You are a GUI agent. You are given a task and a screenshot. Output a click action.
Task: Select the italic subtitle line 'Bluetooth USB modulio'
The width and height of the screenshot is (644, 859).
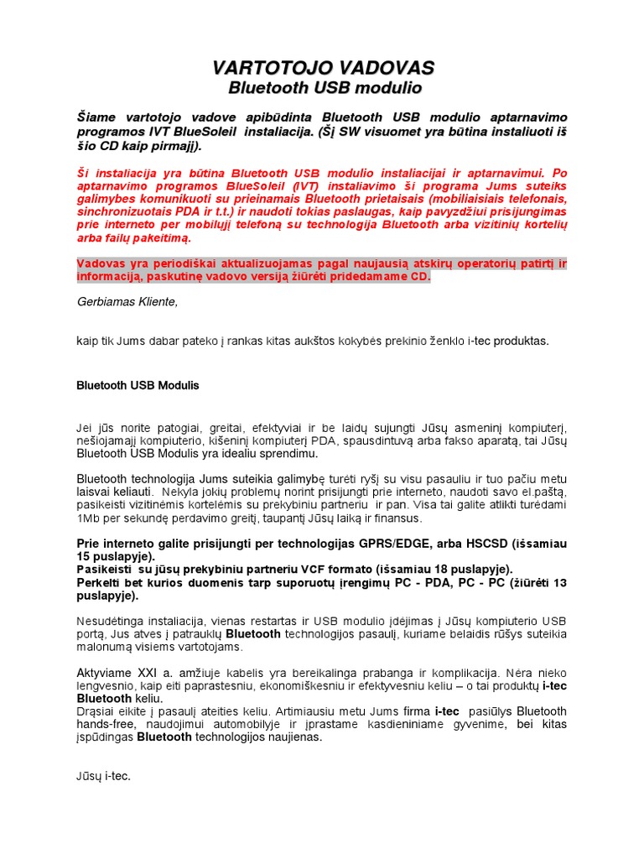pos(325,88)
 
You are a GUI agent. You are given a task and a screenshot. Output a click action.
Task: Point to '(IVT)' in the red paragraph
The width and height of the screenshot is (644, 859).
pos(291,184)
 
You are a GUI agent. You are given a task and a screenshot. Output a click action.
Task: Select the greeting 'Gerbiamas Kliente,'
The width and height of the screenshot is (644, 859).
pos(127,302)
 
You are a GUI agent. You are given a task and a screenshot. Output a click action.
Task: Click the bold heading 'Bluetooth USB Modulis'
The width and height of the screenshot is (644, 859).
pos(138,386)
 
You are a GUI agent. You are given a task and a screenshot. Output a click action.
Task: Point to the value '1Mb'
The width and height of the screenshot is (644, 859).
pos(86,518)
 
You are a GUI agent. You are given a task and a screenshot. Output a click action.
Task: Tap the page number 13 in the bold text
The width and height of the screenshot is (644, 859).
pos(558,582)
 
